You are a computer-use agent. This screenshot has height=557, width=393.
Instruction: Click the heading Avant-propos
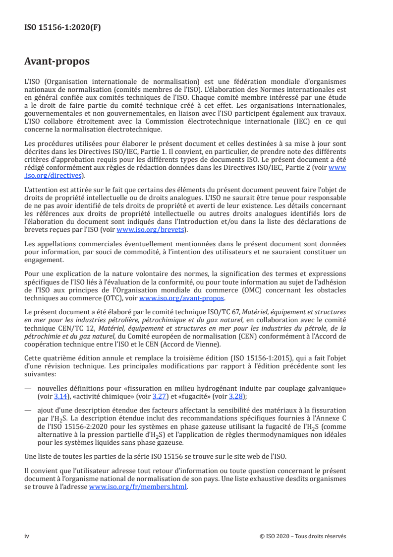57,62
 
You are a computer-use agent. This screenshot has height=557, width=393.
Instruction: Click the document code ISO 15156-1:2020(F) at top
62,28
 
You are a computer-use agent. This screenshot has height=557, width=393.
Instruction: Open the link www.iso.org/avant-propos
182,298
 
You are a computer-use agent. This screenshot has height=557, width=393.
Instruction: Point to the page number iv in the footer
27,537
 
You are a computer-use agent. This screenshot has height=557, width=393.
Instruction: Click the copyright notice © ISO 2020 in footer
299,537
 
